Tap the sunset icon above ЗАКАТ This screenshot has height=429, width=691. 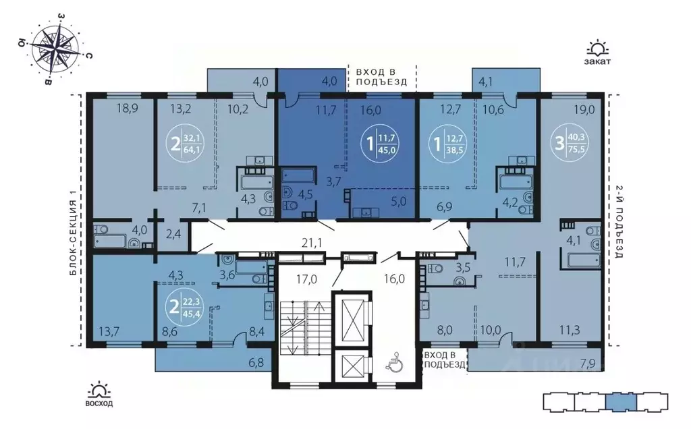(x=598, y=49)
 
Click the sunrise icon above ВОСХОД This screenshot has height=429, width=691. (x=100, y=389)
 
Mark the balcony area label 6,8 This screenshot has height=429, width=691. (x=257, y=364)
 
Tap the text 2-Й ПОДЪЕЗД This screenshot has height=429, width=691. (x=619, y=222)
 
